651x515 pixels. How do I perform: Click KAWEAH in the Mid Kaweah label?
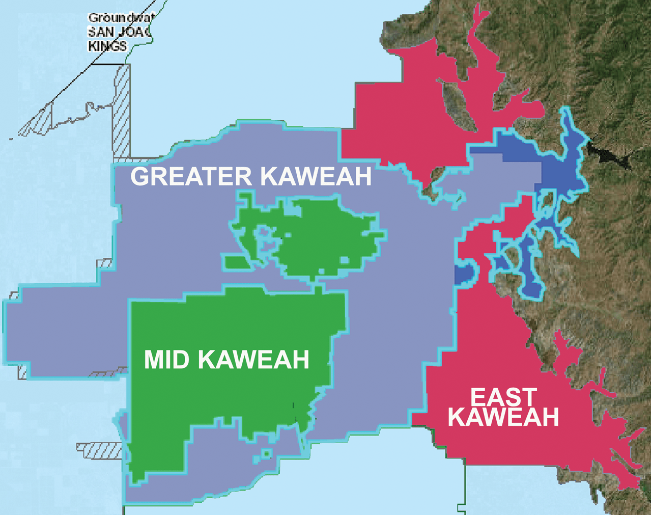click(253, 360)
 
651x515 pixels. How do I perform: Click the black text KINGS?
click(107, 46)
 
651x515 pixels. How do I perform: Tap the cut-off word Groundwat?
click(121, 18)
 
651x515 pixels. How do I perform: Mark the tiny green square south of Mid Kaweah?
click(266, 453)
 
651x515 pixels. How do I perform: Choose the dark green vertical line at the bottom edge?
click(465, 489)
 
